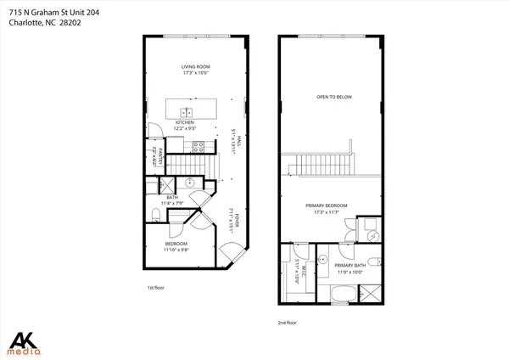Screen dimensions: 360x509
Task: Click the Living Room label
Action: (x=195, y=66)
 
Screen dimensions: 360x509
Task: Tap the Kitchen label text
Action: (x=186, y=122)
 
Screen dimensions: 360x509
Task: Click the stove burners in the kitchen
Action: (x=199, y=146)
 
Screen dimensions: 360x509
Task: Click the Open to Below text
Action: (x=333, y=97)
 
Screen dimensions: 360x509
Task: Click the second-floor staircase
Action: (x=318, y=163)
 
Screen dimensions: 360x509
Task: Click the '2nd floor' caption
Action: (x=288, y=323)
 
